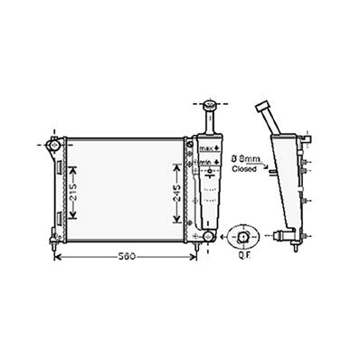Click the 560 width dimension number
[x=128, y=257]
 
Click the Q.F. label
[x=243, y=254]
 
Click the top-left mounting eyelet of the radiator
[x=53, y=144]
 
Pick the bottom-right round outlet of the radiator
[x=207, y=236]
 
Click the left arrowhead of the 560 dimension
[x=60, y=257]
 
